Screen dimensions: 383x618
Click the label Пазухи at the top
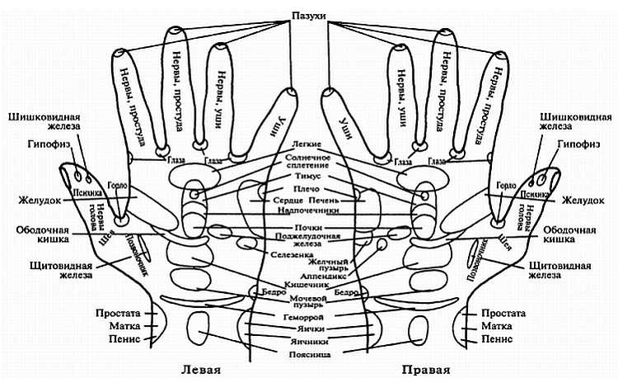[309, 16]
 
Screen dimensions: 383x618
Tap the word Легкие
[309, 144]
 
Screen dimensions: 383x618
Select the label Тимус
[309, 177]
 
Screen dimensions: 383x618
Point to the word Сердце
[289, 200]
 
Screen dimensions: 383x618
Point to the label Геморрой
[309, 316]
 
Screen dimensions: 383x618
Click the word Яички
[309, 328]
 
